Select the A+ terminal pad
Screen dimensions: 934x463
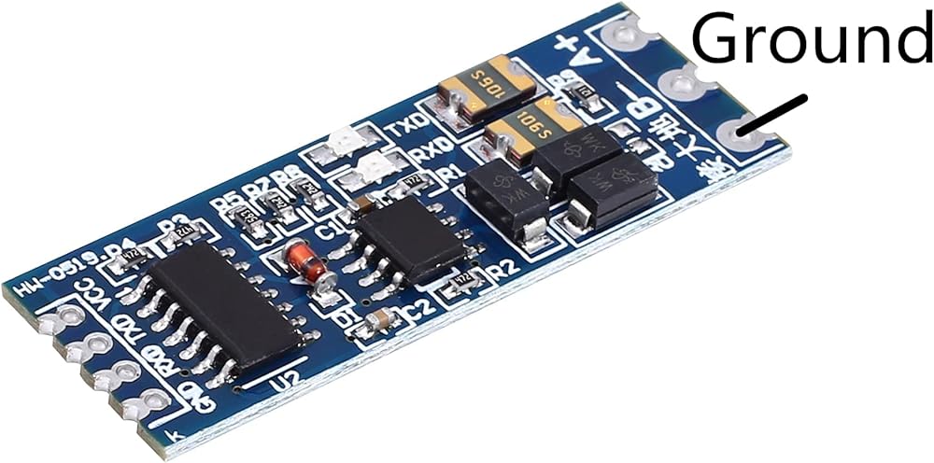tap(624, 38)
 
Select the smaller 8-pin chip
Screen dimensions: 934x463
tap(411, 238)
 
